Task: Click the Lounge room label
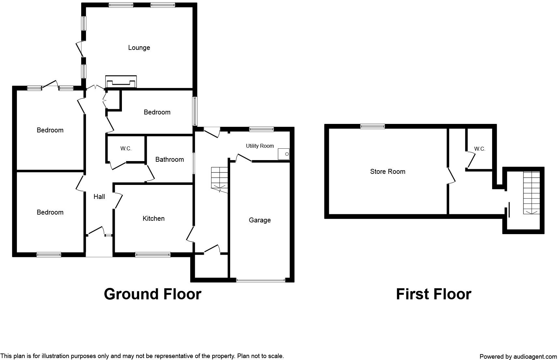[x=139, y=48]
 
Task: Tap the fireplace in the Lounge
[x=121, y=82]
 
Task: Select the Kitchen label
[x=154, y=218]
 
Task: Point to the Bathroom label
[x=169, y=159]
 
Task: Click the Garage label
[x=260, y=220]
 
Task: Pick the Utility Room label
[x=260, y=146]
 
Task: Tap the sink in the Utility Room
[x=284, y=154]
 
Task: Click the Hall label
[x=99, y=196]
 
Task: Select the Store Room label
[x=388, y=172]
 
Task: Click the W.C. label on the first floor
[x=479, y=149]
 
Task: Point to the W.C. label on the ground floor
[x=126, y=149]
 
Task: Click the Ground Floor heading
[x=153, y=294]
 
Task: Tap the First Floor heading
[x=433, y=294]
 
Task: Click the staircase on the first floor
[x=532, y=192]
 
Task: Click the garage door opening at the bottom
[x=261, y=280]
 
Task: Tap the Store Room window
[x=373, y=127]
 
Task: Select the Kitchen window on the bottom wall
[x=153, y=255]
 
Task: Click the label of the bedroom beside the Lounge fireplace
[x=157, y=112]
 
